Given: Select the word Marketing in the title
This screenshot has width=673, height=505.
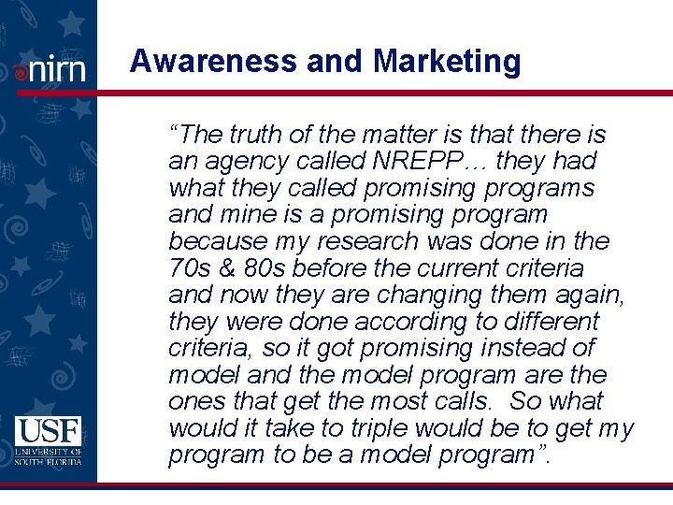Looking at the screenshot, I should click(x=447, y=62).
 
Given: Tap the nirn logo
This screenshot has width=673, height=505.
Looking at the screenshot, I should click(x=50, y=69).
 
